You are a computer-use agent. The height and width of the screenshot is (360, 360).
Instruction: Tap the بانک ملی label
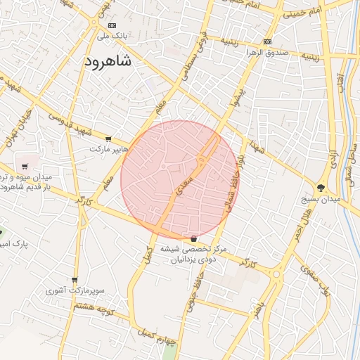point(112,34)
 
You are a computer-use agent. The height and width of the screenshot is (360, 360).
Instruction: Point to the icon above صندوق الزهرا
point(267,41)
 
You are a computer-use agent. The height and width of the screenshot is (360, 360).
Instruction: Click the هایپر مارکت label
point(109,149)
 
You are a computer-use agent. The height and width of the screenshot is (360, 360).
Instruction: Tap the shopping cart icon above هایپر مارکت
point(108,139)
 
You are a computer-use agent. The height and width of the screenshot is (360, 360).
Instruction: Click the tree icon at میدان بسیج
point(321,188)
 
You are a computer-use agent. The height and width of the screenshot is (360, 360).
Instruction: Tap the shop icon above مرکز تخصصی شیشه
point(193,238)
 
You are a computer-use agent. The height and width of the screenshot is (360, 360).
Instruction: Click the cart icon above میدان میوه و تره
point(25,167)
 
